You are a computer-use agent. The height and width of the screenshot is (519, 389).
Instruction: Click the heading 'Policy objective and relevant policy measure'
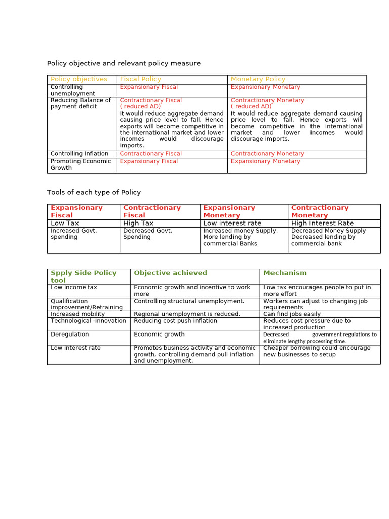pyautogui.click(x=124, y=63)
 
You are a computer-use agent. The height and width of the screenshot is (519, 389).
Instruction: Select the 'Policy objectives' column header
pyautogui.click(x=79, y=79)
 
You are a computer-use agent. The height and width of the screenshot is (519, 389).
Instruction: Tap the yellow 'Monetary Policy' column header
pyautogui.click(x=258, y=79)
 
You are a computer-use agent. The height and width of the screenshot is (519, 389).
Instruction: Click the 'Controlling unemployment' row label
pyautogui.click(x=73, y=90)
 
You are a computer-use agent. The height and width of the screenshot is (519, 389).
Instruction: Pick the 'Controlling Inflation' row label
pyautogui.click(x=80, y=154)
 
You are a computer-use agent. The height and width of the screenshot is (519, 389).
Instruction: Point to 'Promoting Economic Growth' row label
pyautogui.click(x=81, y=164)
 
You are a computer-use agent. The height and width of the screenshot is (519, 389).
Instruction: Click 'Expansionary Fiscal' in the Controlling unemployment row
pyautogui.click(x=148, y=87)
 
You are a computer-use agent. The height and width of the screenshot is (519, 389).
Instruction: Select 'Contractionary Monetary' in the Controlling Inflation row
pyautogui.click(x=267, y=154)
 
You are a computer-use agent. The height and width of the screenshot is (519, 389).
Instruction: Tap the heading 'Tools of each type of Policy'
pyautogui.click(x=94, y=192)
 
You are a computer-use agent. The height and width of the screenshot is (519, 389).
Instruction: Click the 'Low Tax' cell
pyautogui.click(x=65, y=223)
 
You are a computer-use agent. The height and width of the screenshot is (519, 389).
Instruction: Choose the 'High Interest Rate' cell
pyautogui.click(x=322, y=223)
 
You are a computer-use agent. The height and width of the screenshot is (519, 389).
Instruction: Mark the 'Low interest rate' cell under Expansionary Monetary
pyautogui.click(x=232, y=223)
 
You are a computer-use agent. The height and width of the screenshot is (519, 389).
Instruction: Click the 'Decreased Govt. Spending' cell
pyautogui.click(x=148, y=234)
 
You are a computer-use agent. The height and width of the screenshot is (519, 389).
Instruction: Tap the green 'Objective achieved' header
pyautogui.click(x=170, y=273)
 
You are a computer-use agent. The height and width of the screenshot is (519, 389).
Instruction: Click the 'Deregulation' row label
pyautogui.click(x=69, y=335)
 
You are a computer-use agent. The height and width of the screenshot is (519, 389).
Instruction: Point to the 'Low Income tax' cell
pyautogui.click(x=74, y=287)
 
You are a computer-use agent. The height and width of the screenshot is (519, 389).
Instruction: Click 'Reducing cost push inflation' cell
pyautogui.click(x=175, y=321)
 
